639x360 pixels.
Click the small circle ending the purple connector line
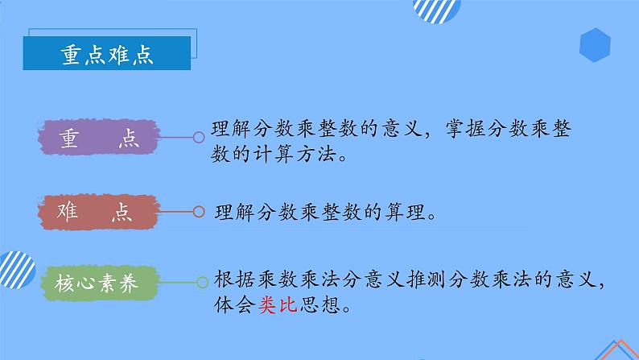[x=198, y=139]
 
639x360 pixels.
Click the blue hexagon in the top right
[x=594, y=45]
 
